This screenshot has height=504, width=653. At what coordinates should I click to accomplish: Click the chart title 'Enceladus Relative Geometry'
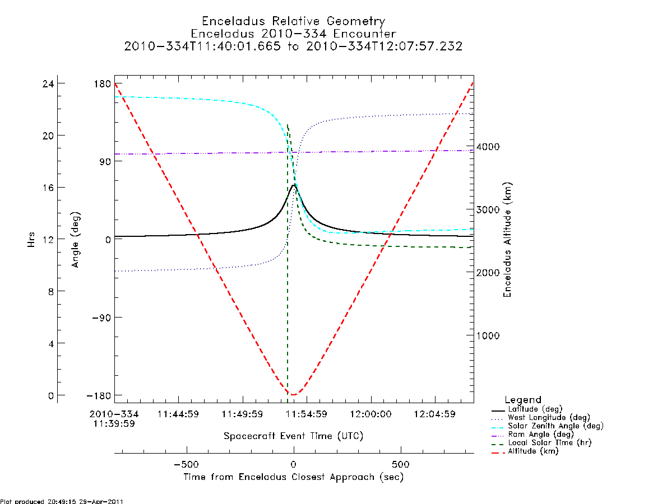click(294, 21)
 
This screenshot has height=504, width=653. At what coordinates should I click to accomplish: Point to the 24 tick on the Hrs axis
click(48, 83)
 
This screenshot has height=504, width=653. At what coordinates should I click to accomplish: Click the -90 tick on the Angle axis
click(101, 318)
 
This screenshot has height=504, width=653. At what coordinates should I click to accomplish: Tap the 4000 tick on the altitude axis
click(488, 147)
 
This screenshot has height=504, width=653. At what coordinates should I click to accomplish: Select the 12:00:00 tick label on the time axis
click(371, 414)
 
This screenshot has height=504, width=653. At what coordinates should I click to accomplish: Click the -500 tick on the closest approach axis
click(186, 464)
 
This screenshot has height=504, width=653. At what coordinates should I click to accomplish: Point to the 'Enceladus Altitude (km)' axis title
click(507, 240)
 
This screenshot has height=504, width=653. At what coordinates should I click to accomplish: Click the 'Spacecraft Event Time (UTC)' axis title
click(294, 436)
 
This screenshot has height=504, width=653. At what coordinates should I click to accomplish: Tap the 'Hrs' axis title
click(31, 240)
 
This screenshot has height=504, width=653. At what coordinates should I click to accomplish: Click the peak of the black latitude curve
click(294, 185)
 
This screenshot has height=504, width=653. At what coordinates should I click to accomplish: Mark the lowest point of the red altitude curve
click(293, 395)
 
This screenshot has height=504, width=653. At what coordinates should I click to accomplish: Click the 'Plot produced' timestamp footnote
click(62, 501)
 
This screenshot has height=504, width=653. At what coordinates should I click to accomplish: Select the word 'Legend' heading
click(523, 400)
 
